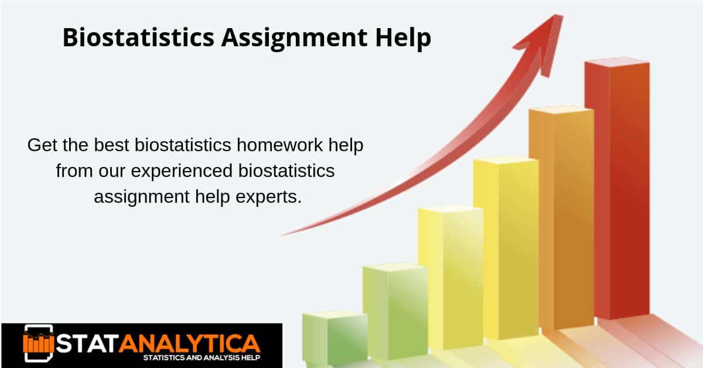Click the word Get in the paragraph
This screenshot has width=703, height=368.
[43, 145]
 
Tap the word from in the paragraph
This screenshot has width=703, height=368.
[75, 171]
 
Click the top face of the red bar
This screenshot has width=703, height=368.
[616, 61]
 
